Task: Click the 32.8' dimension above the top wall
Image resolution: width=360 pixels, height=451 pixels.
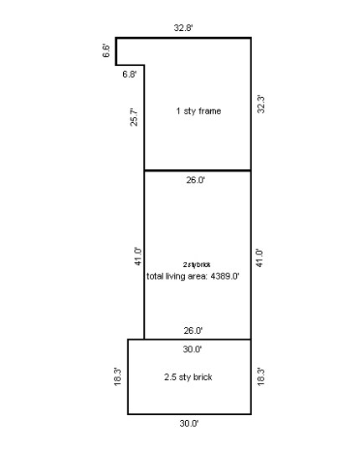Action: click(184, 28)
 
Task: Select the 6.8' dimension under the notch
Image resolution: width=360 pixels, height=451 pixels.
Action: click(130, 74)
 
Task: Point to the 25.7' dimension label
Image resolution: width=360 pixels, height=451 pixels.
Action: click(134, 116)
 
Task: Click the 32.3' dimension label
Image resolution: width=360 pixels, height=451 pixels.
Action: click(261, 105)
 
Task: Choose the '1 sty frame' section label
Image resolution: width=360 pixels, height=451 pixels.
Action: click(198, 111)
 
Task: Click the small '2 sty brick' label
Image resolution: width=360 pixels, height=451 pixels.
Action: click(197, 264)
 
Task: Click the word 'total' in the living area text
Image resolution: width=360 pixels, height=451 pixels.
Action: click(156, 276)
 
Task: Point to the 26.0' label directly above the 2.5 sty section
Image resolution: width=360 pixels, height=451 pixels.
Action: click(194, 331)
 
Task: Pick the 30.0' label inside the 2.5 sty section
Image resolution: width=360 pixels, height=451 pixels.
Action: click(192, 349)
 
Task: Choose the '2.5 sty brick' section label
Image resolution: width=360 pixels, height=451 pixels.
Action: click(188, 377)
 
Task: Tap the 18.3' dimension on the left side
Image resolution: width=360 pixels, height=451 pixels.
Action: click(118, 377)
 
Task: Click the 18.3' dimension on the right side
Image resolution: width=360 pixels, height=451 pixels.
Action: click(261, 377)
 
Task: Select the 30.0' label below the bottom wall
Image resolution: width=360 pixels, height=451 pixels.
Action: click(189, 423)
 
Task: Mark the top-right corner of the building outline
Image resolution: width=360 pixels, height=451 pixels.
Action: click(251, 38)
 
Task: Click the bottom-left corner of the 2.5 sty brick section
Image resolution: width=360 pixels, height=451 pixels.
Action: click(128, 413)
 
